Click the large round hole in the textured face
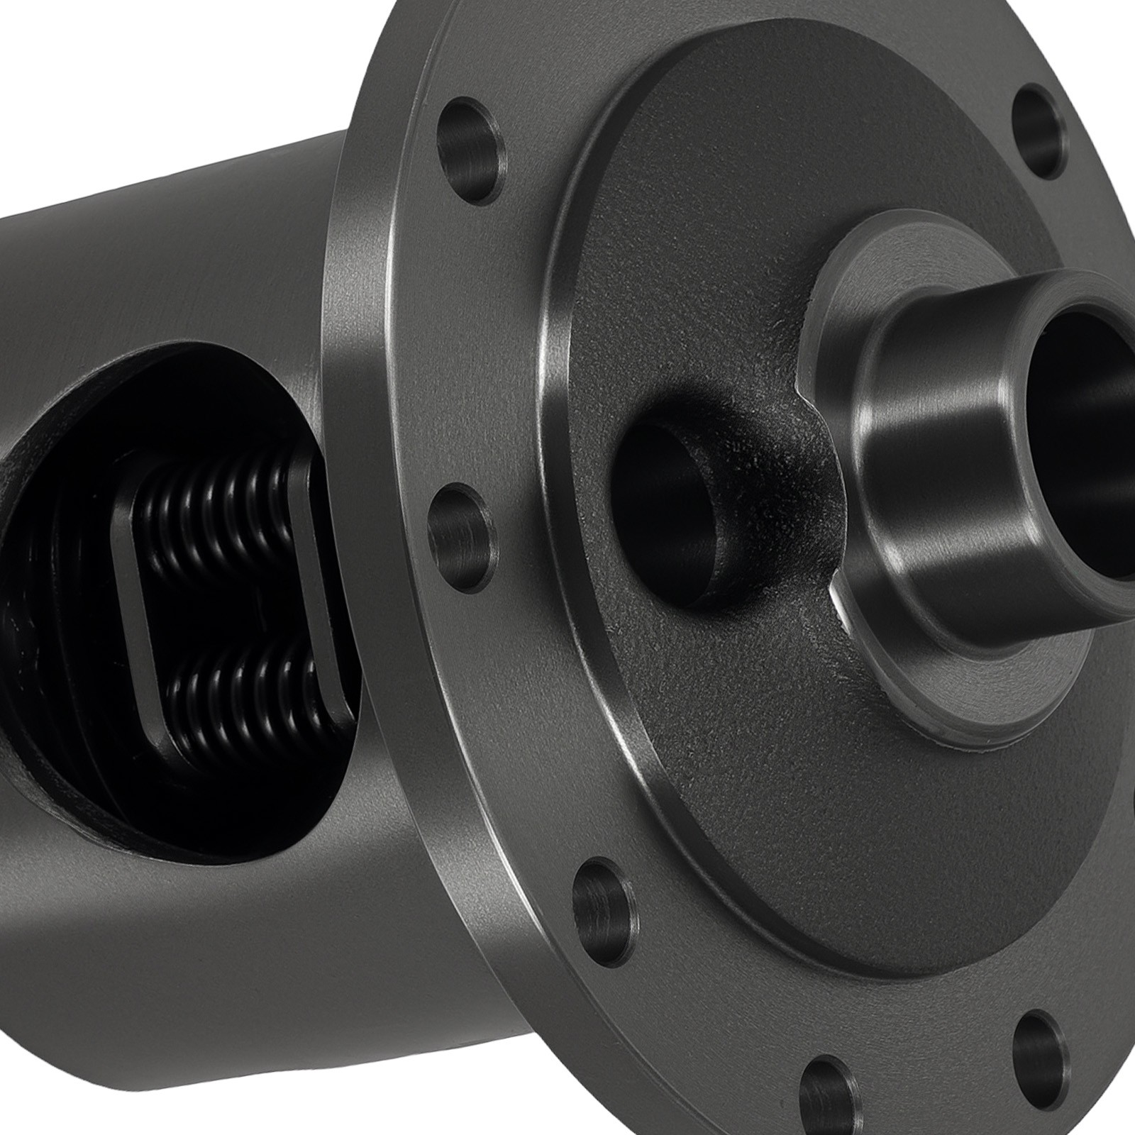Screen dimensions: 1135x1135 pos(667,511)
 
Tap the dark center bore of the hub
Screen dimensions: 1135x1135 pos(1085,404)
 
